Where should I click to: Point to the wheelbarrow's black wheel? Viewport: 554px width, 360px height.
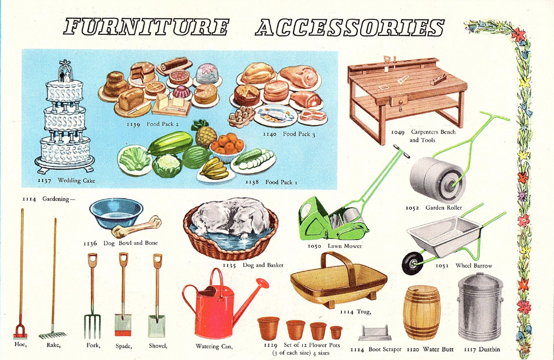(411, 263)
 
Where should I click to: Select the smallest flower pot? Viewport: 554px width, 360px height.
(336, 332)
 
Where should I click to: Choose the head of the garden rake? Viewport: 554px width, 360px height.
(52, 334)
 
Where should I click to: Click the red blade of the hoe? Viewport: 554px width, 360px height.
(20, 333)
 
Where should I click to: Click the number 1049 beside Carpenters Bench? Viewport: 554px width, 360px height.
(397, 132)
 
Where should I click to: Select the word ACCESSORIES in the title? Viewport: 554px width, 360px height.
(349, 28)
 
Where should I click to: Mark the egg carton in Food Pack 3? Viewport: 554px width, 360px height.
(242, 117)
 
